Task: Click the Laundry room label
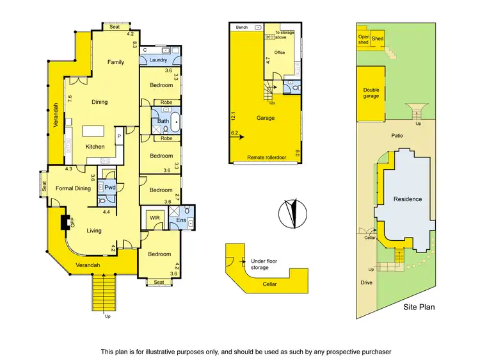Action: [x=157, y=60]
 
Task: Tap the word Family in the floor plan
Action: [x=116, y=62]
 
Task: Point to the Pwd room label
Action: [x=109, y=188]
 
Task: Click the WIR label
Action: [x=154, y=218]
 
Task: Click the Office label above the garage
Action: [x=279, y=53]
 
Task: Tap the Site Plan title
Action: [x=419, y=307]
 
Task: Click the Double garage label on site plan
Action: [x=371, y=94]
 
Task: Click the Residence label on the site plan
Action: [x=408, y=199]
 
